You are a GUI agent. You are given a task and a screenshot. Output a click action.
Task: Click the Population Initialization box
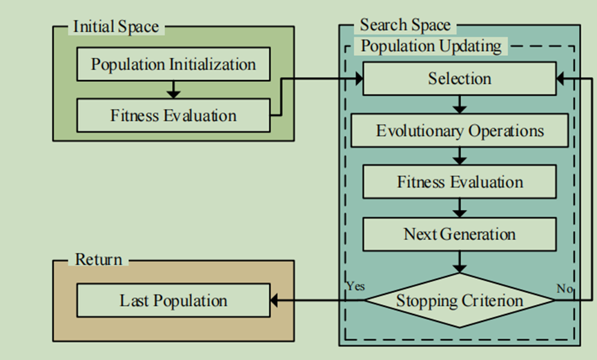click(173, 65)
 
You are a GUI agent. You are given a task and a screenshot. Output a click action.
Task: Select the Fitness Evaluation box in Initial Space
click(173, 115)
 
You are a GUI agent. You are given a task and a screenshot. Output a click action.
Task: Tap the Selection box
click(459, 79)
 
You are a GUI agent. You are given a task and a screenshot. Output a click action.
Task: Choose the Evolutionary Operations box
click(459, 130)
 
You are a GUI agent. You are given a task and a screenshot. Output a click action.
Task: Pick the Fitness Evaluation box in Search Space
click(459, 182)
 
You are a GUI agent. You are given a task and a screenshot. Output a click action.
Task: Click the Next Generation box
click(459, 234)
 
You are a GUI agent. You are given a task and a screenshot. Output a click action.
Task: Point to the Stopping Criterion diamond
click(459, 301)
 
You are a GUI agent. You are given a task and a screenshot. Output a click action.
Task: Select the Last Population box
click(173, 301)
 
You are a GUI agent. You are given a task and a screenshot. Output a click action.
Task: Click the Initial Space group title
click(115, 27)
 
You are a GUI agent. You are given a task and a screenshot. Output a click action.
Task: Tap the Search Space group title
click(404, 26)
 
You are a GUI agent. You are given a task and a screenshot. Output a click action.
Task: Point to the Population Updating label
click(431, 46)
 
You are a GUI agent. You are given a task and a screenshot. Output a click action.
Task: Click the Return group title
click(98, 259)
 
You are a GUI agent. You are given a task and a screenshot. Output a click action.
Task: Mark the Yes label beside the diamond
click(355, 286)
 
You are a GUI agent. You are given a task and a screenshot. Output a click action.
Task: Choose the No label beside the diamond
click(565, 288)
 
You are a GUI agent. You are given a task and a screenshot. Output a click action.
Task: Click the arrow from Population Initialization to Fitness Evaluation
click(173, 90)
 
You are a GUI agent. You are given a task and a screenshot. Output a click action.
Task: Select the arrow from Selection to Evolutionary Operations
click(459, 104)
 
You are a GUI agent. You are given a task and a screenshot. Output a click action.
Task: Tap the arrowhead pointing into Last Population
click(275, 301)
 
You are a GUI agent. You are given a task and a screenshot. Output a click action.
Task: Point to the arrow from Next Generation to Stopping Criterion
click(459, 261)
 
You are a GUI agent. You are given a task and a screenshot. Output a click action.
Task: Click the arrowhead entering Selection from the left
click(358, 79)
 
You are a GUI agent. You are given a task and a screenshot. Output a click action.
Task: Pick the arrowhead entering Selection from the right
click(561, 79)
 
